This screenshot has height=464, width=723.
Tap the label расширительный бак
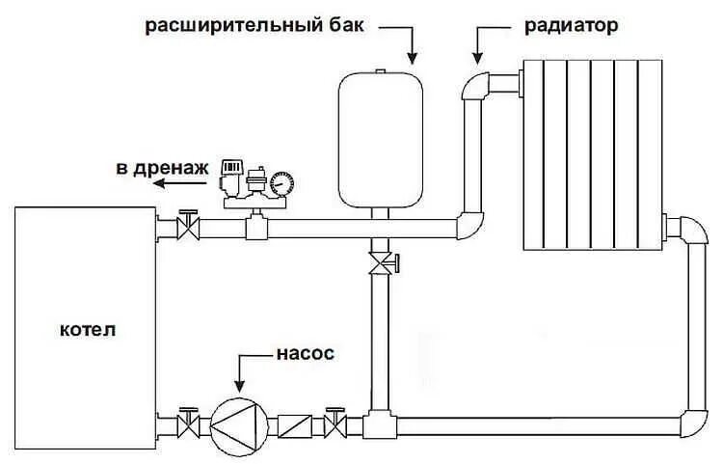pos(254,26)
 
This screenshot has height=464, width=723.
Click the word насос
pos(308,354)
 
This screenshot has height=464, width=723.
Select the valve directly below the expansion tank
pos(382,261)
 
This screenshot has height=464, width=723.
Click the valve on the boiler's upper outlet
pos(189,228)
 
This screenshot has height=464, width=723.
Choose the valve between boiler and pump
pos(187,423)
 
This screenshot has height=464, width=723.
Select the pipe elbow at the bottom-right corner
pos(692,422)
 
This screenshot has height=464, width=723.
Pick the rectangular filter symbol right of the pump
pos(293,424)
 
